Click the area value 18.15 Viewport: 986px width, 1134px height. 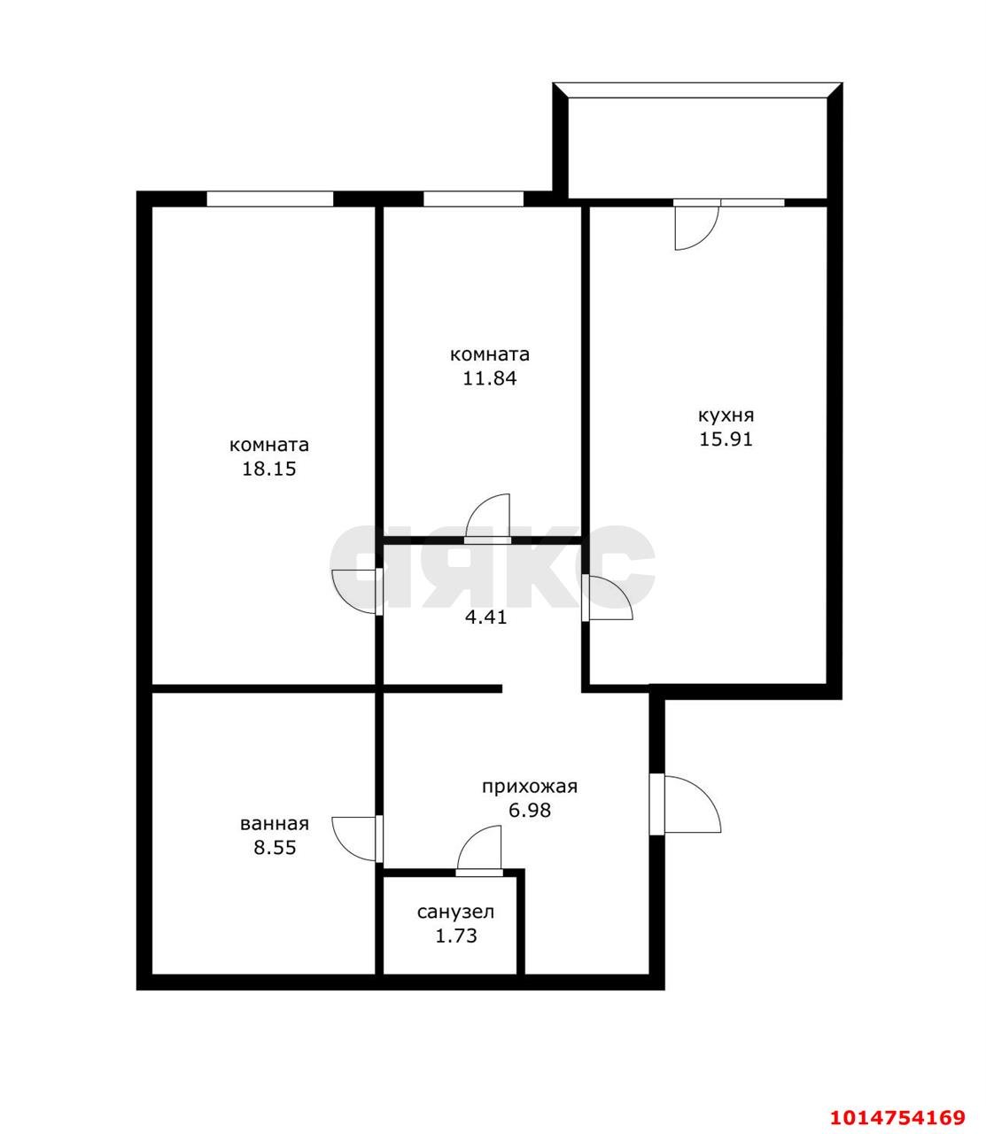[x=269, y=469]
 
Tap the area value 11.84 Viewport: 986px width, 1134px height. [x=489, y=378]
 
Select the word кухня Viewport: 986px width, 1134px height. [x=726, y=415]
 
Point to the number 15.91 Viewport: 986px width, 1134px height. [x=726, y=439]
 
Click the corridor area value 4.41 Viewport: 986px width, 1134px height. [x=485, y=617]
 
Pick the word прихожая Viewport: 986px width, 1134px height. [x=529, y=786]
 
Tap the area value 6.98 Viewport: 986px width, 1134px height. [x=529, y=809]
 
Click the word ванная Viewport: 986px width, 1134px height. [x=274, y=823]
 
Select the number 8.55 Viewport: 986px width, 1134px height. [x=274, y=847]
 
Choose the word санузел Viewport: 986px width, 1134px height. [x=455, y=912]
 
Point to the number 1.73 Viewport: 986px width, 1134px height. [x=455, y=936]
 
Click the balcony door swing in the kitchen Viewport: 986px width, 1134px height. [x=693, y=227]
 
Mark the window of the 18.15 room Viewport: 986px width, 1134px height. [x=269, y=199]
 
